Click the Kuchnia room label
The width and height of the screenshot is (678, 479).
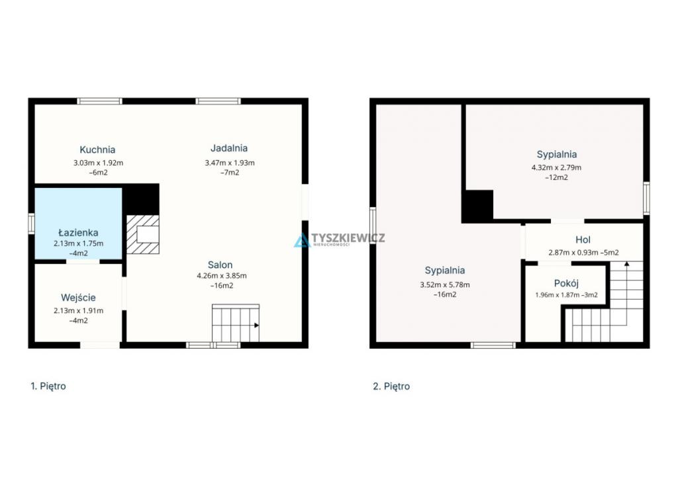coord(97,150)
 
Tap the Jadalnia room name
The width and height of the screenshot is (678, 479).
coord(229,148)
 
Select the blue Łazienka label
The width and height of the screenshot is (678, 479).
coord(78,232)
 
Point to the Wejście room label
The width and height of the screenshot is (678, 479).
coord(78,298)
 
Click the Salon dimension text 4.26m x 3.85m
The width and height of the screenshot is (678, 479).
coord(222,276)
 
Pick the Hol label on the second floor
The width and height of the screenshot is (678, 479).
coord(583,239)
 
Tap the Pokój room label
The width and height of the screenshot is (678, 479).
coord(567,283)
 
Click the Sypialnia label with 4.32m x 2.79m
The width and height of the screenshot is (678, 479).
coord(556,155)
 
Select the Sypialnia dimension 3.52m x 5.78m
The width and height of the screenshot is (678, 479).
coord(445,284)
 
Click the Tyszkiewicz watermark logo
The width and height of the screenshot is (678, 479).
coord(340,239)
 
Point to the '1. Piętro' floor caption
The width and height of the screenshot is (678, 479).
coord(48,386)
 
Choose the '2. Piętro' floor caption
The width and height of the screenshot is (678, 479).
coord(391,386)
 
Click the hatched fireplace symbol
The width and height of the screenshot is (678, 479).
coord(143,234)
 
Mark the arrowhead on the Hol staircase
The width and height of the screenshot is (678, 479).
coord(626,263)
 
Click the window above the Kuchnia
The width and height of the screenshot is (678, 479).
coord(99,101)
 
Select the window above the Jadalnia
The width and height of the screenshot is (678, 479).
coord(218,101)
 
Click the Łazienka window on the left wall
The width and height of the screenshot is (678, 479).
coord(31,224)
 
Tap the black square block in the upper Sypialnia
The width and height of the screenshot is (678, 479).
coord(478,206)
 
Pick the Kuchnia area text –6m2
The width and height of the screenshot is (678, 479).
coord(98,173)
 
